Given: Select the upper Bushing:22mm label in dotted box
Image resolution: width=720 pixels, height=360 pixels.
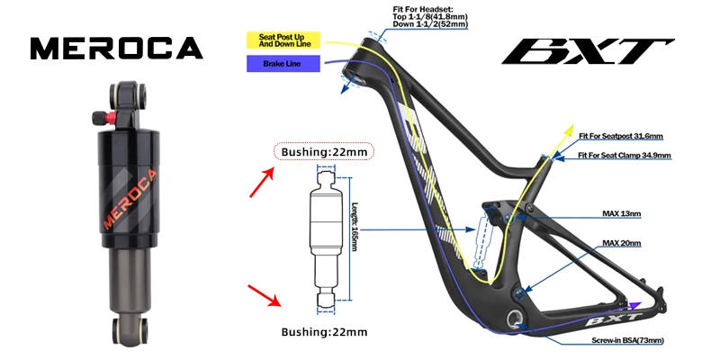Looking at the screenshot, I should pos(323,151).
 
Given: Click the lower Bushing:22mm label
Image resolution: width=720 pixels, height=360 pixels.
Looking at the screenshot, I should pos(323,333).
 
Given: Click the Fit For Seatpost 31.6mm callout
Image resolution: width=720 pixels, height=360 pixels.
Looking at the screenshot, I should pos(620,138).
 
